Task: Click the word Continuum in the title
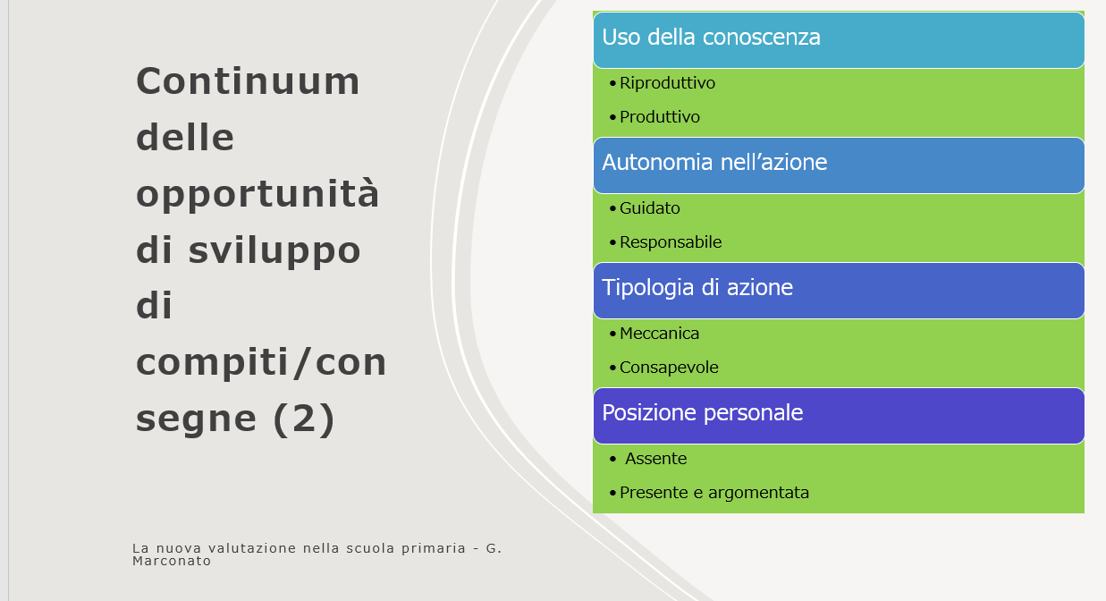[248, 81]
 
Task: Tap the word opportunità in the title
[258, 195]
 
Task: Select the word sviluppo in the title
[274, 251]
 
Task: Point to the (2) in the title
[304, 419]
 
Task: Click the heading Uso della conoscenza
[711, 37]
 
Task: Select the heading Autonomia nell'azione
[714, 162]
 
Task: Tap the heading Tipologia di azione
[697, 287]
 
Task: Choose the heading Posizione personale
[703, 413]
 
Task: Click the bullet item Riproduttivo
[667, 83]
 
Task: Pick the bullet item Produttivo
[660, 117]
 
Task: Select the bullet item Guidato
[650, 208]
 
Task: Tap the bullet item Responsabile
[671, 242]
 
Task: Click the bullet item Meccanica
[659, 334]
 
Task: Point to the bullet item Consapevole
[669, 368]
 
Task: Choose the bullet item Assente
[655, 459]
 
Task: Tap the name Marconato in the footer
[172, 561]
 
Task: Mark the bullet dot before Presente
[612, 493]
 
